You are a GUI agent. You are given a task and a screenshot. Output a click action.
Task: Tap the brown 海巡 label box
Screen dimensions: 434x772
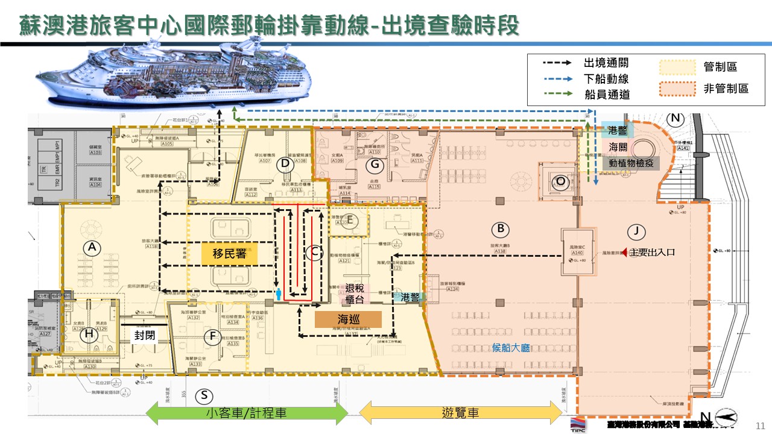coord(348,319)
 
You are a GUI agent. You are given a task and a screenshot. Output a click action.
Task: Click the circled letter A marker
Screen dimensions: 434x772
coord(92,247)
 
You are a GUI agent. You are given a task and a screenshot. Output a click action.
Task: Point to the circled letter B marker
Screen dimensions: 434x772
coord(500,229)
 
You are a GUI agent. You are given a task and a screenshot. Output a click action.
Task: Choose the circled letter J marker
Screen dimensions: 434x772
coord(635,230)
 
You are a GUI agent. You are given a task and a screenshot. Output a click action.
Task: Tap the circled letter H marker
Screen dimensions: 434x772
coord(90,333)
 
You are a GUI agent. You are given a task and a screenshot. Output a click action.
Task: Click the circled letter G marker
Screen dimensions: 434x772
coord(375,163)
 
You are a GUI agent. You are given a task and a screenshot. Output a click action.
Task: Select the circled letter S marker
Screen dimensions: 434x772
coord(204,395)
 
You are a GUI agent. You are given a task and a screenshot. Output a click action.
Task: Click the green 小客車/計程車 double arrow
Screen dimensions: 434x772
coord(248,413)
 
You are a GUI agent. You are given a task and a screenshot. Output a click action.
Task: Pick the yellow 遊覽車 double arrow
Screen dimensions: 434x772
coord(461,413)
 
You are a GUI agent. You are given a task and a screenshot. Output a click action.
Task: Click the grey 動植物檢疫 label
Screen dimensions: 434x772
coord(630,163)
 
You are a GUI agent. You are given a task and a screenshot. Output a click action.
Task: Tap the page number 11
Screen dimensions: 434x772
coord(760,425)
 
